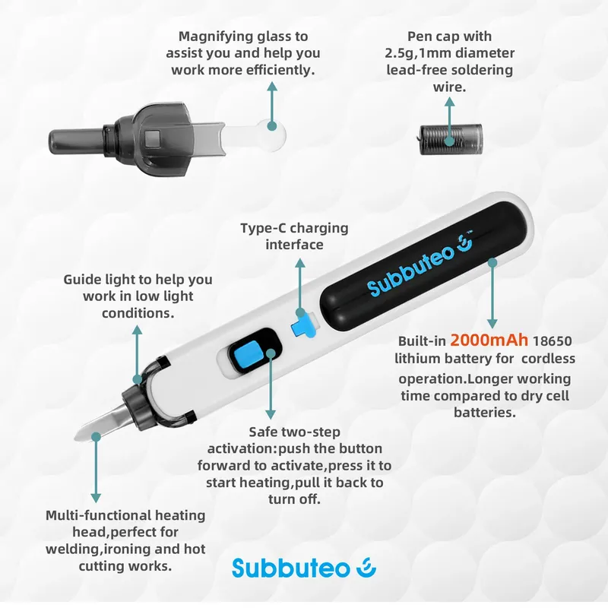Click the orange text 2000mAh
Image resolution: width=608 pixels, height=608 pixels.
point(489,340)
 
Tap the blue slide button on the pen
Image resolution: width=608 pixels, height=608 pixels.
point(246,354)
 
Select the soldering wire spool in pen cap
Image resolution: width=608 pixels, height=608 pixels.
point(451,140)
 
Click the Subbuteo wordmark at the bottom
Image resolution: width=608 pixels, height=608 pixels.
point(291,568)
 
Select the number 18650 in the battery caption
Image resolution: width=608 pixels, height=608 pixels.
point(553,340)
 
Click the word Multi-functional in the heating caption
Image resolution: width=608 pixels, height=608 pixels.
point(98,515)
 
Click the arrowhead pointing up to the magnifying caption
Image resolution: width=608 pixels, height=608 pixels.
point(272,86)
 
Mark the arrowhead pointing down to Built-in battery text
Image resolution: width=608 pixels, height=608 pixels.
point(492,324)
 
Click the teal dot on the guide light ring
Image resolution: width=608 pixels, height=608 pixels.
point(137,378)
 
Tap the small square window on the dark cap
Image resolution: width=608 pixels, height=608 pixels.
point(153,138)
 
